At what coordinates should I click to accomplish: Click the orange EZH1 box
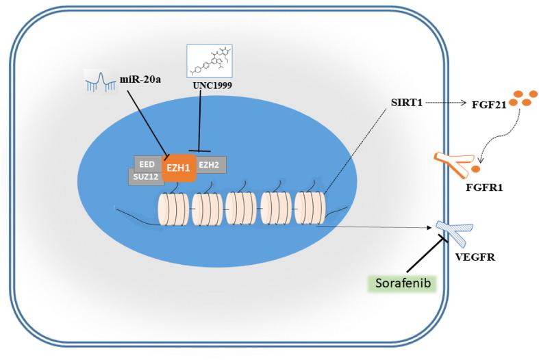click(x=178, y=166)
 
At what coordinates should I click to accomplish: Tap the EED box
click(x=147, y=164)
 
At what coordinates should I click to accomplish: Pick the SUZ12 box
click(x=146, y=177)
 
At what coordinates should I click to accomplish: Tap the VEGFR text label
click(x=468, y=259)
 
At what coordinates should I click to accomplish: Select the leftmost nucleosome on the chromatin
click(x=172, y=209)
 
